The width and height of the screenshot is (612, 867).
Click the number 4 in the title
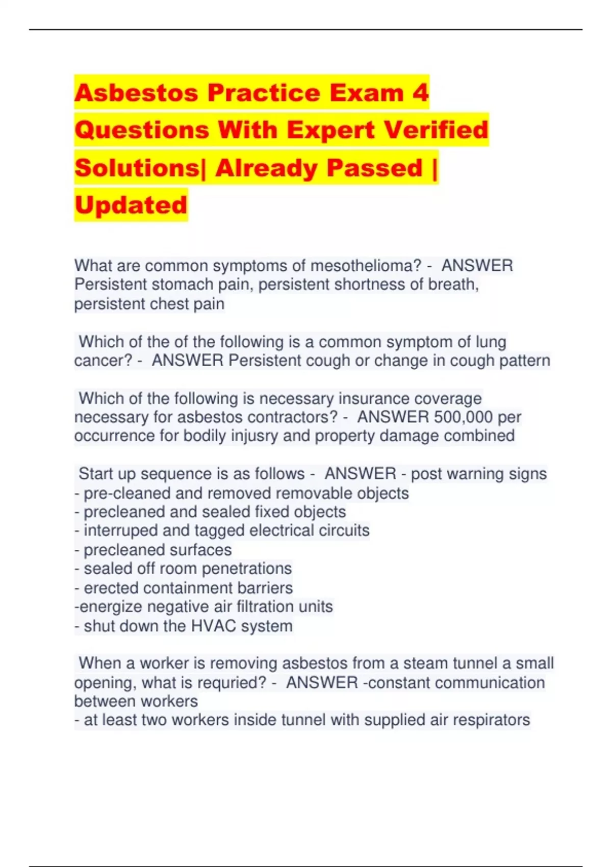[420, 93]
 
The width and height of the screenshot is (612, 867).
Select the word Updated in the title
[131, 205]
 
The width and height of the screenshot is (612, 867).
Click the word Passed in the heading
[375, 168]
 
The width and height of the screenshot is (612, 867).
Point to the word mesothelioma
[366, 266]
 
